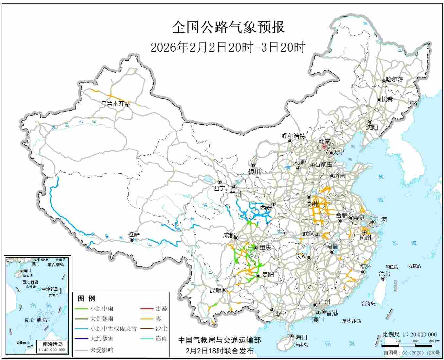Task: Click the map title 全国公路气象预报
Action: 228,27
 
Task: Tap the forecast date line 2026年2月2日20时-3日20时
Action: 228,47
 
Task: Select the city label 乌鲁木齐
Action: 112,104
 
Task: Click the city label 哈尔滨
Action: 395,79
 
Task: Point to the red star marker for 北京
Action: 324,147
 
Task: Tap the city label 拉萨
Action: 134,234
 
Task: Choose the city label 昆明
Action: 216,290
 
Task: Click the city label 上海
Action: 382,219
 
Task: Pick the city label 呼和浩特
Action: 293,136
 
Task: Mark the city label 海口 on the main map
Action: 301,337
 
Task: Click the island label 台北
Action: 384,273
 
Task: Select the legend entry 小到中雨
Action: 102,308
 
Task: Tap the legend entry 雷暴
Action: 161,308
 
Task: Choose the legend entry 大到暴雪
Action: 102,338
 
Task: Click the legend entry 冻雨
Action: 161,338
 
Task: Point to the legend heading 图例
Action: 86,298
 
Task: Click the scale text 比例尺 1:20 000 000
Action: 409,334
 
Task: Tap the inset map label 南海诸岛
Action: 53,344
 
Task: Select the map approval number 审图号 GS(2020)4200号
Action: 412,353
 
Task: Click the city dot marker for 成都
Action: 236,238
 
